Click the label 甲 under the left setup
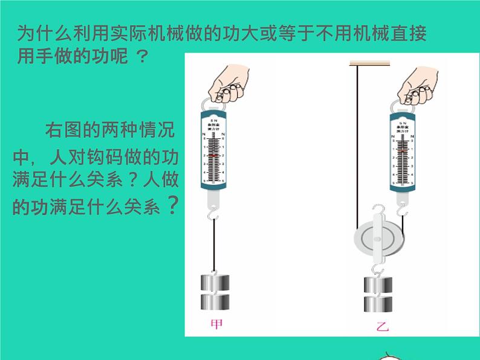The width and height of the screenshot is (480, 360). [x=216, y=324]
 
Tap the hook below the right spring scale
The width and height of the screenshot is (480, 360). [x=401, y=210]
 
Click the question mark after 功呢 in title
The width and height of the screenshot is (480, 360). [x=141, y=57]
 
